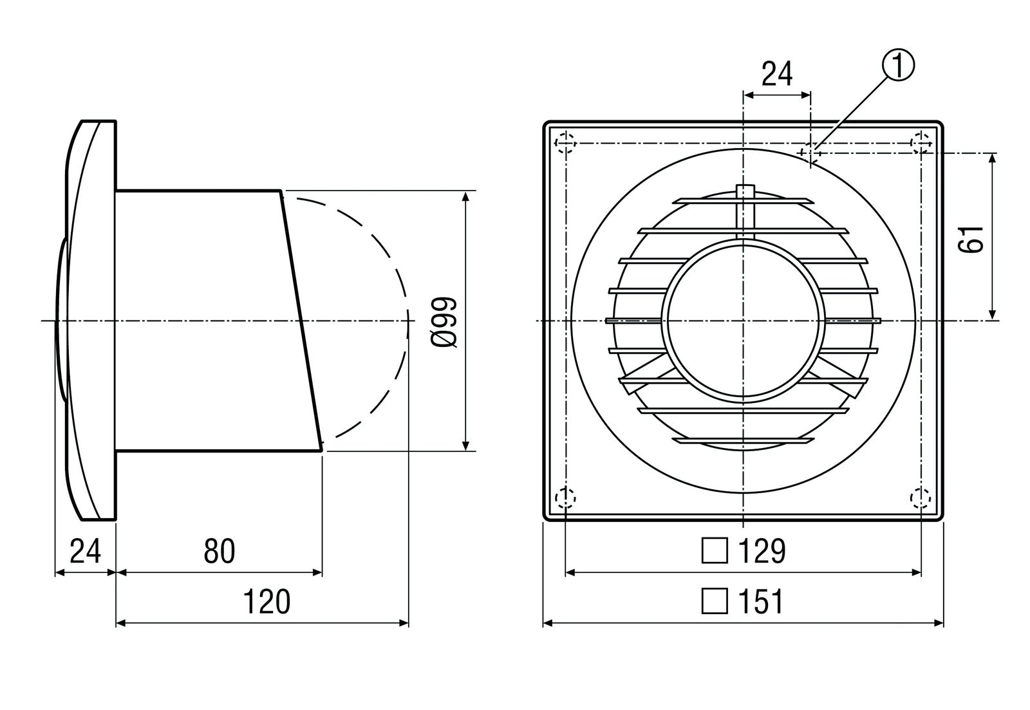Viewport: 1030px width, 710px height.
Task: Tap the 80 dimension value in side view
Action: point(220,552)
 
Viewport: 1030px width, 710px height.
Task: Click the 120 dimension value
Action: point(266,603)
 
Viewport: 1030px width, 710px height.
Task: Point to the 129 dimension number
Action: point(761,552)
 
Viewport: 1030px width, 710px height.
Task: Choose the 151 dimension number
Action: point(761,603)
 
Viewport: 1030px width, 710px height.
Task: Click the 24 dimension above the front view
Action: point(776,75)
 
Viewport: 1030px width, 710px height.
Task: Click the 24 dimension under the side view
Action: point(85,552)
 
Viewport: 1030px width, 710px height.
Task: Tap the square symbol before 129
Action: point(714,552)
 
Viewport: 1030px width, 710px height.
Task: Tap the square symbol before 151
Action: point(714,603)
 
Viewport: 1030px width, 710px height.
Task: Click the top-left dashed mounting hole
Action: point(565,144)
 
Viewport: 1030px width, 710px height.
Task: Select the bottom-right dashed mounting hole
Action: point(921,498)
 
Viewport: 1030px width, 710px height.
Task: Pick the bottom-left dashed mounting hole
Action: point(565,498)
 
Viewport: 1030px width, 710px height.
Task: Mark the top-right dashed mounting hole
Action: point(921,144)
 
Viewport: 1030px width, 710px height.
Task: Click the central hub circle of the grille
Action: point(744,320)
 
